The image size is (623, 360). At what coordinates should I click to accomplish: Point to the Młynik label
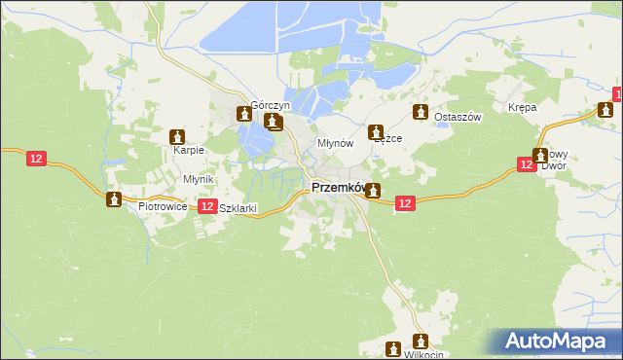point(198,179)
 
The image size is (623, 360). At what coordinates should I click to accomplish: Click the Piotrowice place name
point(162,207)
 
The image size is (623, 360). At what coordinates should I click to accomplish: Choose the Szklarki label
point(238,208)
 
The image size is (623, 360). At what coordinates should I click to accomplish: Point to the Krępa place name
point(523,108)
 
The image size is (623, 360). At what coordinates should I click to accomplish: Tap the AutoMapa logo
point(560,342)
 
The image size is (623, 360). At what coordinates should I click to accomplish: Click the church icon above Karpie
point(178,137)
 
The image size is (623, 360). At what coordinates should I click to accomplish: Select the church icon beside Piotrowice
point(114,199)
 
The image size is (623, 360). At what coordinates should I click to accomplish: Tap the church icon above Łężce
point(375,131)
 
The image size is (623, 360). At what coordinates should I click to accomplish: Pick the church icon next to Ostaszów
point(421,112)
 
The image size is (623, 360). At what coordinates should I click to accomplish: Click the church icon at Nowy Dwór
point(539,156)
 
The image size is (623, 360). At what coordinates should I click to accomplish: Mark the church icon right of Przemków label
point(373,192)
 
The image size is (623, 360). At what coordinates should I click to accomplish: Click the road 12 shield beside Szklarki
point(206,206)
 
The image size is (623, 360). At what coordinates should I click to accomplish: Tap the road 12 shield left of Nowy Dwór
point(525,165)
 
